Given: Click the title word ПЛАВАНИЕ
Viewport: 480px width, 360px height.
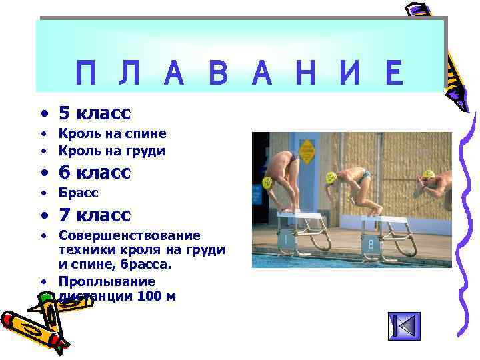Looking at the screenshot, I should click(x=239, y=74).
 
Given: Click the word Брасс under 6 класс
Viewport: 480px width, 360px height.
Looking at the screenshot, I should click(x=79, y=193).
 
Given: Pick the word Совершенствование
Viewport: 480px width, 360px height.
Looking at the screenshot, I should click(x=129, y=236).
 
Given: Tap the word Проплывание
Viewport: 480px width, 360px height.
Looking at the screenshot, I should click(x=107, y=281).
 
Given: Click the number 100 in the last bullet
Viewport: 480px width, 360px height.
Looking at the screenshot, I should click(x=148, y=295).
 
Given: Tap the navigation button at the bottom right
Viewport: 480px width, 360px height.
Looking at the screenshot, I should click(x=404, y=326).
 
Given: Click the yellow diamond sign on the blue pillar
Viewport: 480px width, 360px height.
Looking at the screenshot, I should click(x=307, y=150).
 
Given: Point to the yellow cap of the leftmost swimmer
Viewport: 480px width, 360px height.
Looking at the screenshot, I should click(x=267, y=182).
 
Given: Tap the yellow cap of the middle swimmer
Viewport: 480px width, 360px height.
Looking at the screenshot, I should click(x=331, y=178).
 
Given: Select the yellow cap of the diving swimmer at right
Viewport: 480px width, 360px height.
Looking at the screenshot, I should click(x=428, y=175).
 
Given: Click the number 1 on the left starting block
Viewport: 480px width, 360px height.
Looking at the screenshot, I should click(x=285, y=237).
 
